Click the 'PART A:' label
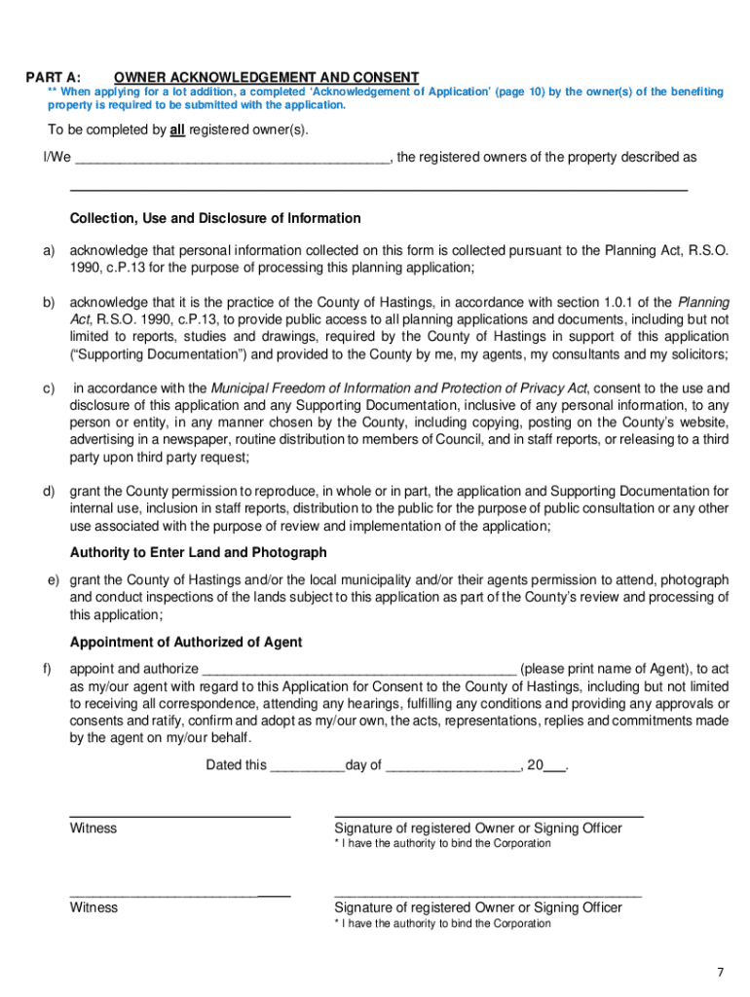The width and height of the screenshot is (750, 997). click(x=54, y=77)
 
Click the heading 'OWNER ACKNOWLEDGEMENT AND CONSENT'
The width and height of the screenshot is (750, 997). click(x=266, y=77)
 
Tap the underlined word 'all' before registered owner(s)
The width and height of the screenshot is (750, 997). click(x=177, y=130)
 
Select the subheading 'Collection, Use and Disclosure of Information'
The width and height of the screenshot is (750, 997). click(x=215, y=218)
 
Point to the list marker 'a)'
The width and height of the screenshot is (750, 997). click(x=48, y=250)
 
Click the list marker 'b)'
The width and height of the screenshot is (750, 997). click(x=48, y=302)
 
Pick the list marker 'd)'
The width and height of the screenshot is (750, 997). click(x=48, y=491)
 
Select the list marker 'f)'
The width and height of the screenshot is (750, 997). click(x=47, y=669)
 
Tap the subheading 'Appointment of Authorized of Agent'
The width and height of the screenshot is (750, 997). click(x=186, y=643)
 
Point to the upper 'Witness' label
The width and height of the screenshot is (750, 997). click(x=94, y=829)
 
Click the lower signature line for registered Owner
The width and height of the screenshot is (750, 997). click(x=488, y=892)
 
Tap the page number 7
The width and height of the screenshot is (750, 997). click(x=721, y=973)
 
